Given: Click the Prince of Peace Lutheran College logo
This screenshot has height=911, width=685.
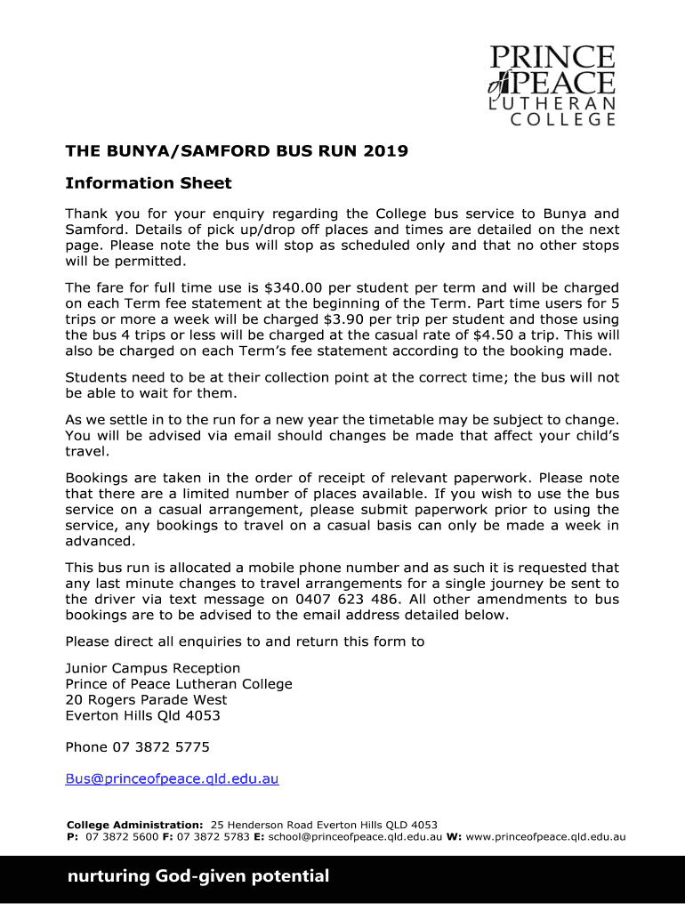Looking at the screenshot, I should [552, 85].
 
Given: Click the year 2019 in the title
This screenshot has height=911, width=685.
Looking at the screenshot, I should [385, 151].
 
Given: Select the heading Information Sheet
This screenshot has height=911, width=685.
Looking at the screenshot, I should [149, 183].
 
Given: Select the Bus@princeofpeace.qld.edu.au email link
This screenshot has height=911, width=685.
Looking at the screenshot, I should [173, 779].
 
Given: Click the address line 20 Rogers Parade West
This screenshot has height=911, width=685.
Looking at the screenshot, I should [146, 700].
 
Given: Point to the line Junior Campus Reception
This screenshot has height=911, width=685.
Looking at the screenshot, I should [153, 668].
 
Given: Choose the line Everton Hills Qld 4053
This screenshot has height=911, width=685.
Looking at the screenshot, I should [143, 716].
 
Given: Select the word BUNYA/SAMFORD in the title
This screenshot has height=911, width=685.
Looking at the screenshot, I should [188, 151].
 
